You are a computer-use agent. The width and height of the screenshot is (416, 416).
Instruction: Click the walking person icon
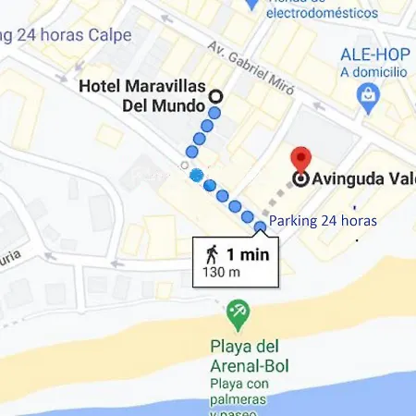click(213, 252)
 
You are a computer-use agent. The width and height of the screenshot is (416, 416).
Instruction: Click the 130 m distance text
click(222, 272)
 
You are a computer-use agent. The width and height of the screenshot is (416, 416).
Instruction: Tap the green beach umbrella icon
click(238, 313)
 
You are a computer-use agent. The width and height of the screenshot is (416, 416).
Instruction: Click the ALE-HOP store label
click(374, 54)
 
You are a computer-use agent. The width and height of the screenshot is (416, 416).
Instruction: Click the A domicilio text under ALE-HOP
click(374, 71)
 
